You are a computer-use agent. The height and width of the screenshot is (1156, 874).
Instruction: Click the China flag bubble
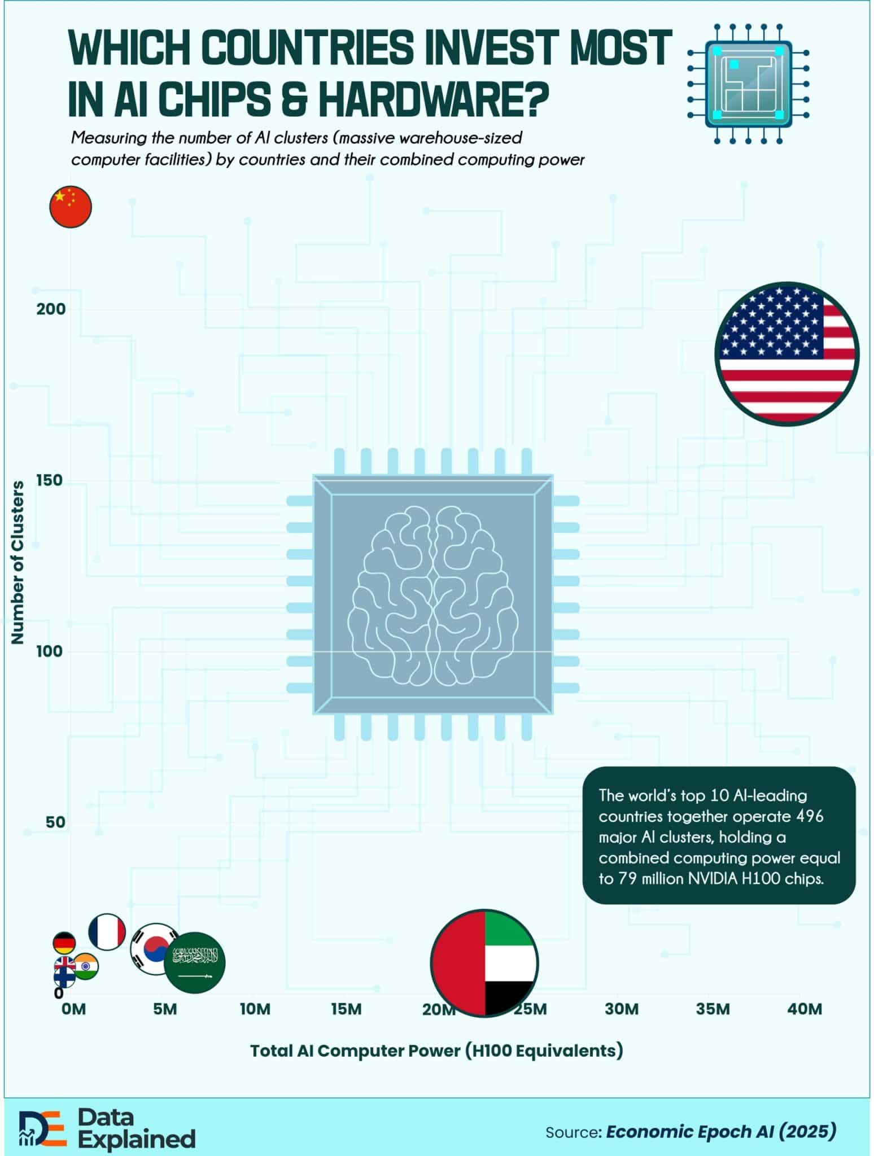click(x=71, y=207)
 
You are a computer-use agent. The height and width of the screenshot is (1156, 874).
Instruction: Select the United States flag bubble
click(x=787, y=354)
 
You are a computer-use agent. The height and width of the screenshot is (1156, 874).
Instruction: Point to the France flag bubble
click(x=107, y=931)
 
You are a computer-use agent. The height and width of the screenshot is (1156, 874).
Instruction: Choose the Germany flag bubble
click(x=64, y=943)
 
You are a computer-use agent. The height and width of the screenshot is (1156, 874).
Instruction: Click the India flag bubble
click(x=87, y=966)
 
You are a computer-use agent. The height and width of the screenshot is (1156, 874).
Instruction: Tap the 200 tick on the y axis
click(x=51, y=309)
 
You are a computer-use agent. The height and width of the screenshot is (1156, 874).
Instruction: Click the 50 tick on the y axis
click(x=55, y=822)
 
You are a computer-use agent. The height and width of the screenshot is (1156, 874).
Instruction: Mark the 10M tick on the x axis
click(x=255, y=1009)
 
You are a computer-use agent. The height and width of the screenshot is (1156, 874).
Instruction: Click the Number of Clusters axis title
click(x=18, y=562)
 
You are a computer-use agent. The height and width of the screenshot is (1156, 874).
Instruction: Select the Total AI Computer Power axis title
click(x=436, y=1050)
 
